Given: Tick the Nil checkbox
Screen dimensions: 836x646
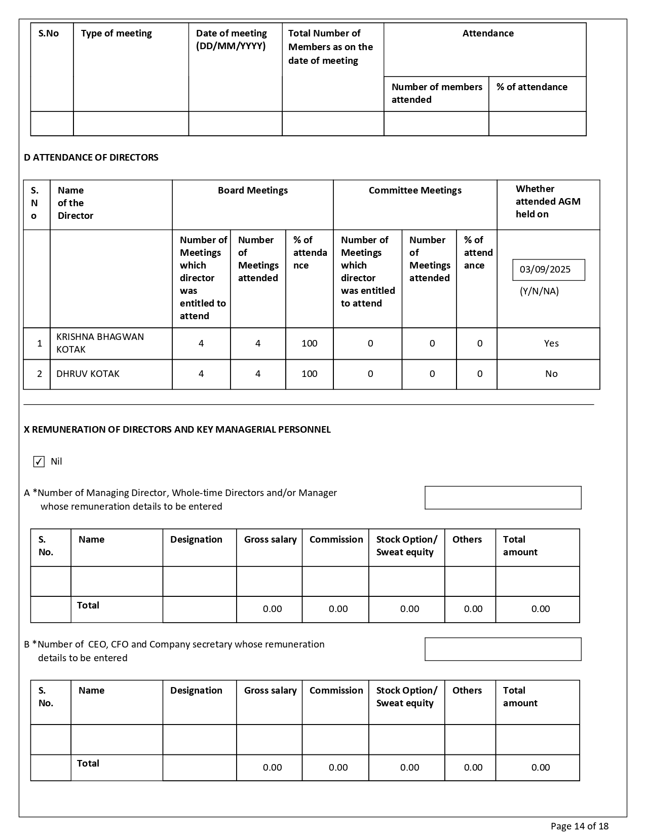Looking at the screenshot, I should coord(39,462).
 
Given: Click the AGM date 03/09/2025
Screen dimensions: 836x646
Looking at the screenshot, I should coord(545,270).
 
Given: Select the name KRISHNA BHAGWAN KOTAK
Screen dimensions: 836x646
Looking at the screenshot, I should coord(100,343).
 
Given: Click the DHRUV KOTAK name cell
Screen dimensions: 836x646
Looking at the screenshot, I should coord(88,374).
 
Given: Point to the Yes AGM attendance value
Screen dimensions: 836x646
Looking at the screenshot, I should coord(551,344).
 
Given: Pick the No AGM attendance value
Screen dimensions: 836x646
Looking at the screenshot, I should coord(551,374).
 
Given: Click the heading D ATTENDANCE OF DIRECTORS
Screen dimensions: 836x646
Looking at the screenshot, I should coord(91,158).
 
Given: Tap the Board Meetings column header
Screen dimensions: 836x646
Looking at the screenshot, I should coord(252,191).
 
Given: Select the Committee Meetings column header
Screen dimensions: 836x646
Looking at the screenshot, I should coord(415,191).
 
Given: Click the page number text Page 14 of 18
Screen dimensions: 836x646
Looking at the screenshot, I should coord(579,826).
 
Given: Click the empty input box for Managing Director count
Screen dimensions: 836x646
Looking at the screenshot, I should coord(503,498).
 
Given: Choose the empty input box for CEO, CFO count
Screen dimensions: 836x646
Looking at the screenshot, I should coord(503,649).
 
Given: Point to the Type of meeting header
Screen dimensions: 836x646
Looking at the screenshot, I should coord(117,33).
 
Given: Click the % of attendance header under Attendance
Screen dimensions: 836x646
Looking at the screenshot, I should coord(531,87).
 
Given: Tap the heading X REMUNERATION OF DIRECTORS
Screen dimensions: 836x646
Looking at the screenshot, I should coord(177,430).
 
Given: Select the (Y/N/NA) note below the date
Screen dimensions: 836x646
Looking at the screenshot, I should coord(539,291).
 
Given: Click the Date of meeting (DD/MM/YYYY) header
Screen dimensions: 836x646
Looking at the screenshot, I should coord(232,40).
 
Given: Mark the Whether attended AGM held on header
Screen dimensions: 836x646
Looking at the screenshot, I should coord(548,202).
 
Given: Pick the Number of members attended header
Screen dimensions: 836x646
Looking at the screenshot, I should coord(436,93).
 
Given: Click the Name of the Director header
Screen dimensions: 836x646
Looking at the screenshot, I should coord(75,203).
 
